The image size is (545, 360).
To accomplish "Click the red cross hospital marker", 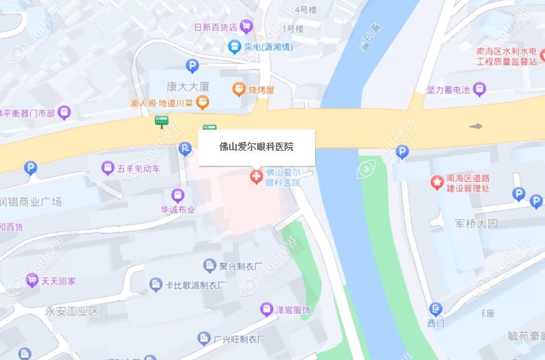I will click(255, 177).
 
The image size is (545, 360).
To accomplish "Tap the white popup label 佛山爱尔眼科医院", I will click(257, 148).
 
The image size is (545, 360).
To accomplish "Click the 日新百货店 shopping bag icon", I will click(247, 26).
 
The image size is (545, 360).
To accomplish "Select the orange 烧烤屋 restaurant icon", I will click(239, 90).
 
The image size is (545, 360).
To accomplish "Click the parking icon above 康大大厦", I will click(192, 65).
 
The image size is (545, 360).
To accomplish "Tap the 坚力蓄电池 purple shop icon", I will click(479, 90).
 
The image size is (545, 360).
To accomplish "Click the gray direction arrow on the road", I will click(476, 126).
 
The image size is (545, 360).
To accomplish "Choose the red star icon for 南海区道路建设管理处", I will click(437, 182).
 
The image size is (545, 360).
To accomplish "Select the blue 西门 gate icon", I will click(436, 309).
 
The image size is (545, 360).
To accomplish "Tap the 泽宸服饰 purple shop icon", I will click(267, 309).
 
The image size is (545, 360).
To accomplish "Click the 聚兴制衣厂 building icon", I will click(209, 265).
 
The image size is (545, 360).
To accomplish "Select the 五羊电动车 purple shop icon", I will click(108, 168).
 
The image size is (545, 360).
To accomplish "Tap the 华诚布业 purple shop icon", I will click(178, 195).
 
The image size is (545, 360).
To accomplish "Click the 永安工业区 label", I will click(72, 310).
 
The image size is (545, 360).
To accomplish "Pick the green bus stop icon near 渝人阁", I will click(162, 120).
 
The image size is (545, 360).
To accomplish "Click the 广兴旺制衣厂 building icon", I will click(204, 338).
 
